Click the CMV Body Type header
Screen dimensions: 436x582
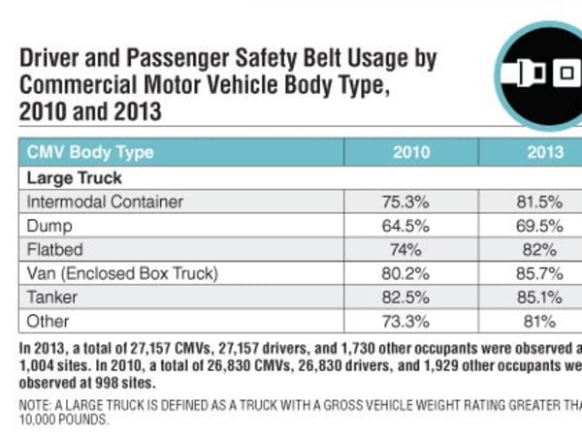click(x=89, y=152)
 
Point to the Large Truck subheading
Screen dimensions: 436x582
click(x=74, y=178)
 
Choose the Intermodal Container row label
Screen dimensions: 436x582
click(x=105, y=202)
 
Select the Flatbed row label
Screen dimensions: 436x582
click(x=54, y=250)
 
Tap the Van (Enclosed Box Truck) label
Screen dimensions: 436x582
click(x=122, y=274)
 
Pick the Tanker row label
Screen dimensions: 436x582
click(x=51, y=297)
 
